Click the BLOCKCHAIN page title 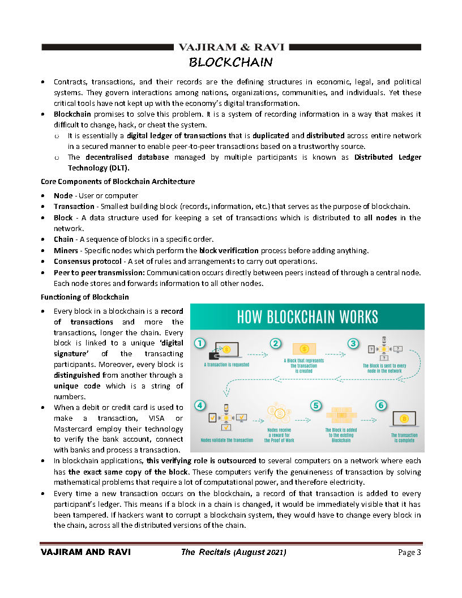tap(231, 62)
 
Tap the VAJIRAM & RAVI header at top tap(231, 47)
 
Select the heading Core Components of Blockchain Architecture tap(118, 182)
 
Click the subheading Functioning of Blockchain tap(84, 297)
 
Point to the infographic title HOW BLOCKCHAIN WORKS tap(307, 317)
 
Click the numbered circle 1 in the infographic tap(199, 344)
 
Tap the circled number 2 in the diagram tap(276, 344)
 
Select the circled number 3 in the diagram tap(353, 344)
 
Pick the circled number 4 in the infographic tap(199, 405)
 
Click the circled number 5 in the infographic tap(316, 405)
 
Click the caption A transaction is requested tap(226, 365)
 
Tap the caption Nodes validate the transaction tap(227, 440)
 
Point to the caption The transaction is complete tap(404, 438)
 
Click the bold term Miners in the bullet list tap(66, 250)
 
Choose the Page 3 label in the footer tap(409, 552)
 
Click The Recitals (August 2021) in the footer tap(234, 552)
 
